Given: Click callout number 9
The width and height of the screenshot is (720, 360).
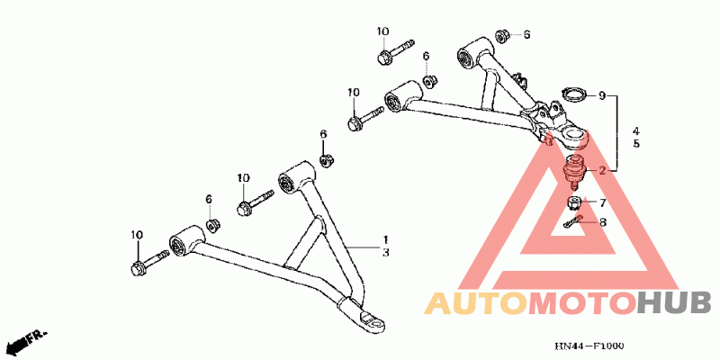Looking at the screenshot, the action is [x=603, y=94].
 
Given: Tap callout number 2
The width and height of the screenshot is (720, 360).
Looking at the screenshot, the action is [x=603, y=170].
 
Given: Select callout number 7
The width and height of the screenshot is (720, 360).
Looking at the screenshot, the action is [x=603, y=202].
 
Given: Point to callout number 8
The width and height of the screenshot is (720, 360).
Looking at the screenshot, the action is [x=603, y=221].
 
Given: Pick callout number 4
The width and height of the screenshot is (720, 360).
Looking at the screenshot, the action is [x=635, y=130].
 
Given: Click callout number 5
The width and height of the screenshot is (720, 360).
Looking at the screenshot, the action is [x=635, y=144].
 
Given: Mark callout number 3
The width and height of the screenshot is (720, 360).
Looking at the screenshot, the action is [x=384, y=255].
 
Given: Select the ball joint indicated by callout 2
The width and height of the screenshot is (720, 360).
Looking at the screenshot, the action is [x=573, y=168].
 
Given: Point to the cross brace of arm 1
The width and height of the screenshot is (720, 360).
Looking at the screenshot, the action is [x=304, y=241].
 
